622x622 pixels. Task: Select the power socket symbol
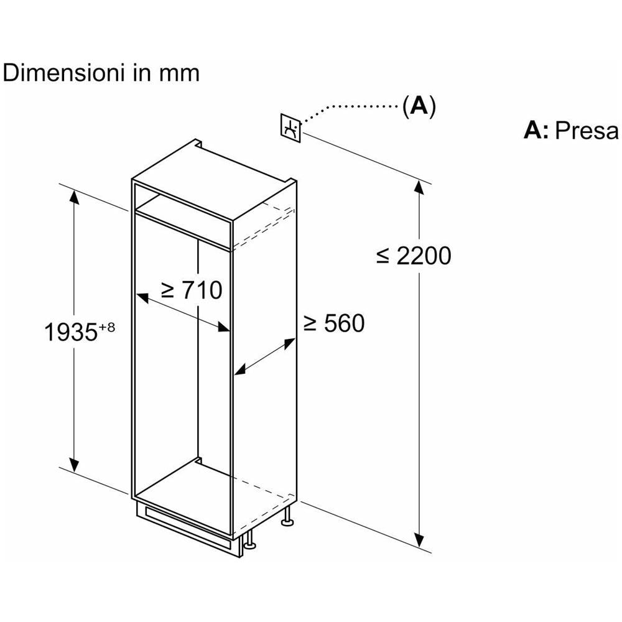(290, 128)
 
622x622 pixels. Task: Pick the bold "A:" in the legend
(536, 131)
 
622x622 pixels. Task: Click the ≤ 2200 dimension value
(414, 255)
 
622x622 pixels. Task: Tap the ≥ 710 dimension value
(191, 290)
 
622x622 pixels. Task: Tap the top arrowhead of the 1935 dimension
(75, 198)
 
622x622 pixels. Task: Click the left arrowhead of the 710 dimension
(142, 298)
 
